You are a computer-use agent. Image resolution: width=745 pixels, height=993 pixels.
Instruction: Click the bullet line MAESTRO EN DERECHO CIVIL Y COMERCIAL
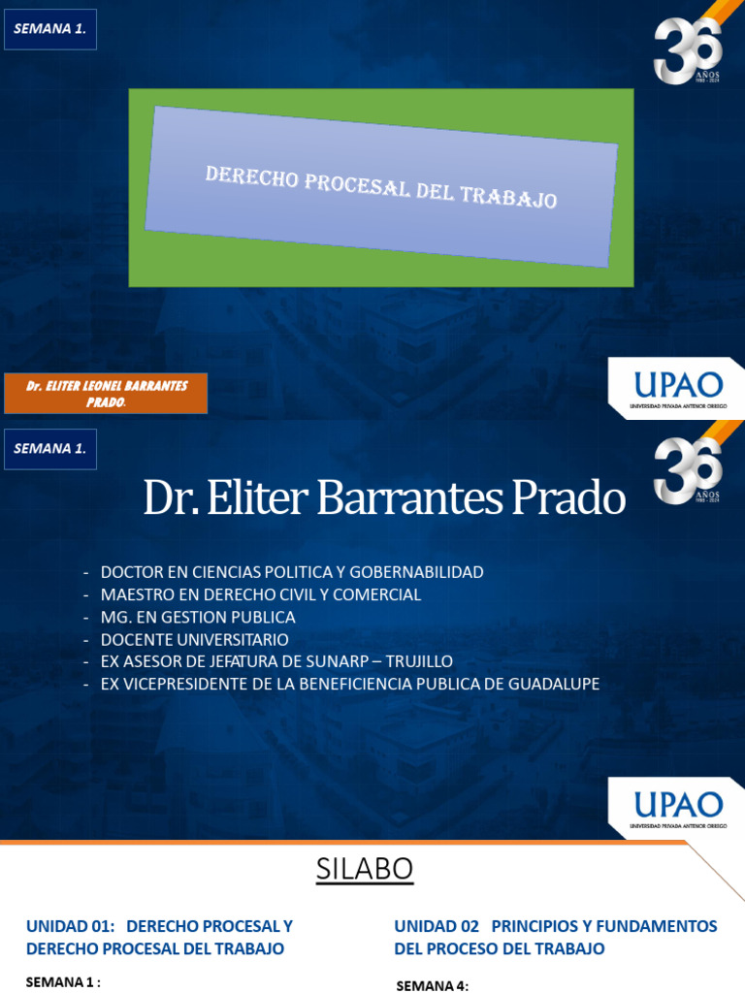[261, 594]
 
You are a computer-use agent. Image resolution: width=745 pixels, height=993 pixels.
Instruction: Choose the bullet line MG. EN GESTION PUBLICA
[198, 617]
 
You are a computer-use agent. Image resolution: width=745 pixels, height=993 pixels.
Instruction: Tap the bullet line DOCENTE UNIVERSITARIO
[194, 639]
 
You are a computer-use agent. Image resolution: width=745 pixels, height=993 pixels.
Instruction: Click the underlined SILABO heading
[365, 871]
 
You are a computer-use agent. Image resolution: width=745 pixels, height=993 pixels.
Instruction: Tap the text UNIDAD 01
[69, 926]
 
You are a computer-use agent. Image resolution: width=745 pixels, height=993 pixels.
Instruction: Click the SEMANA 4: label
[433, 986]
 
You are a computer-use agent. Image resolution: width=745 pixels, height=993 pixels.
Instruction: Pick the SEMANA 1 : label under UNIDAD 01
[63, 982]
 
